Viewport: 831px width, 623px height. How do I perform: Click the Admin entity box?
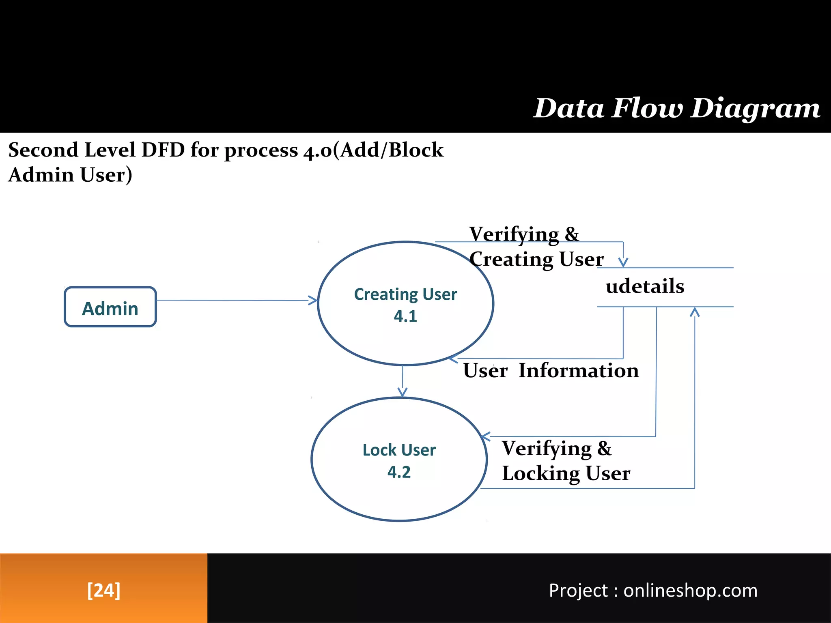click(x=110, y=307)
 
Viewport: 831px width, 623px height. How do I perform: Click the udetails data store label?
click(x=645, y=286)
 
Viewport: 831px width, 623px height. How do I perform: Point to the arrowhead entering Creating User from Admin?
click(x=313, y=301)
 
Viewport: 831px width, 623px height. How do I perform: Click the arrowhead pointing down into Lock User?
click(x=402, y=392)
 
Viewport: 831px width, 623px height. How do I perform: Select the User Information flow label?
click(x=551, y=371)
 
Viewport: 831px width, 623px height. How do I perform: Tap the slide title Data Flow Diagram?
click(x=676, y=109)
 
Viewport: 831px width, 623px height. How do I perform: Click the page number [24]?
click(x=104, y=590)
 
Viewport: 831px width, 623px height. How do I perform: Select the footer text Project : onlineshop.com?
click(x=653, y=591)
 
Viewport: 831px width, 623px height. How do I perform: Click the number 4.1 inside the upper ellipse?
click(x=405, y=316)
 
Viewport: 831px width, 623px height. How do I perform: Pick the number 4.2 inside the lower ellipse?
click(x=399, y=472)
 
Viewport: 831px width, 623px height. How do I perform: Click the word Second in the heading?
click(x=43, y=150)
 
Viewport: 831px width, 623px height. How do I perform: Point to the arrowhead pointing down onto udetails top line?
click(x=623, y=262)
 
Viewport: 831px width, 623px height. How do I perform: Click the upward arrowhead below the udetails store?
click(x=695, y=312)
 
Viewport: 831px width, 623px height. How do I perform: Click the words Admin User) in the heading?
click(x=70, y=175)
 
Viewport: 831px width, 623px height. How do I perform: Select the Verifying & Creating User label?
click(x=536, y=247)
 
